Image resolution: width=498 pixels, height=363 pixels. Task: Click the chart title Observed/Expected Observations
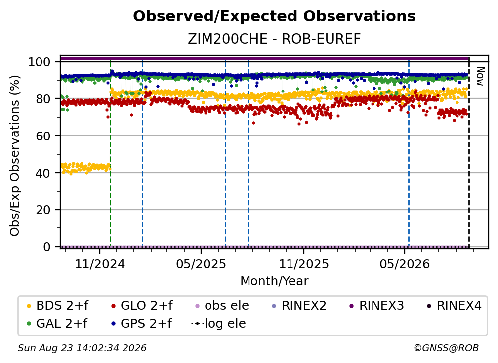[274, 16]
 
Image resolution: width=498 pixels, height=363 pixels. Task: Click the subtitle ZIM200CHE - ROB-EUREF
[274, 39]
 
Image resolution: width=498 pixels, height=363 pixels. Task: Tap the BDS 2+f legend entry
[57, 306]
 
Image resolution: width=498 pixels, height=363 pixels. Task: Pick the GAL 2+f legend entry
[57, 323]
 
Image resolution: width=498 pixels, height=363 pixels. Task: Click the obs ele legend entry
[220, 306]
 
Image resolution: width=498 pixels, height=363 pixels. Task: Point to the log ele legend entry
[218, 323]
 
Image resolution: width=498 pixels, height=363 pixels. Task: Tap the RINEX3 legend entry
[376, 306]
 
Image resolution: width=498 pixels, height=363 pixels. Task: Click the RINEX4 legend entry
[454, 306]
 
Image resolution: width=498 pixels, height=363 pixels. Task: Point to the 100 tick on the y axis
[39, 62]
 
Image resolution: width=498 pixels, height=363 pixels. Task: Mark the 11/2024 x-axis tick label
[100, 264]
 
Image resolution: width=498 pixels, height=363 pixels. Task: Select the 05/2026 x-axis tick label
[405, 264]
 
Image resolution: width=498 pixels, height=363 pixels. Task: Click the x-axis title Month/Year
[274, 281]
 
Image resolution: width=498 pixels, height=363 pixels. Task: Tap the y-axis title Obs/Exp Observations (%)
[15, 155]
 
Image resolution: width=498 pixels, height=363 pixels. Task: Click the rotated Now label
[480, 76]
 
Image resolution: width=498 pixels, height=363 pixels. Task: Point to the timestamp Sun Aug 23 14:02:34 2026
[82, 348]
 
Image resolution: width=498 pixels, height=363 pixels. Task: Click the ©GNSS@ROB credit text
[446, 348]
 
